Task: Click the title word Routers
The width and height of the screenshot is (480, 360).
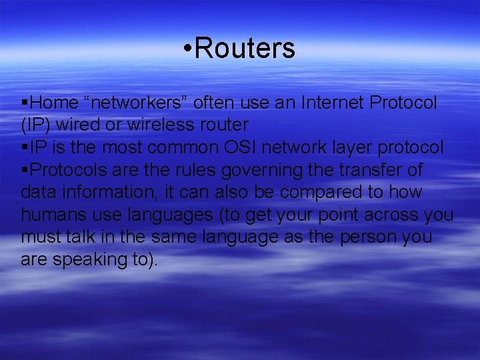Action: pos(245,49)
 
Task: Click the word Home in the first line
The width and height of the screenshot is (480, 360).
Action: pos(54,103)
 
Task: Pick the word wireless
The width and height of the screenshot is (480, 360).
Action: pos(177,125)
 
